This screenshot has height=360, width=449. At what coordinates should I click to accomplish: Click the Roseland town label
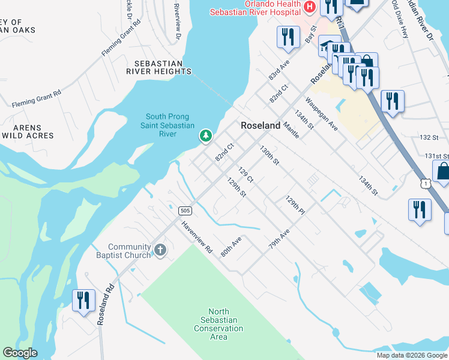[x=261, y=125]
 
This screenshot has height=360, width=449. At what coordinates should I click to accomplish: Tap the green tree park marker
[x=206, y=136]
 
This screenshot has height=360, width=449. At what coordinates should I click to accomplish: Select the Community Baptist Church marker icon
[x=160, y=250]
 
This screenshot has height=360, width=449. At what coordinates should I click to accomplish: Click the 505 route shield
[x=184, y=210]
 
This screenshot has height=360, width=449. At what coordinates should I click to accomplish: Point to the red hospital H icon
[x=310, y=7]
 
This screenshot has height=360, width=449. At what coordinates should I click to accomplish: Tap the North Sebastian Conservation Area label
[x=218, y=324]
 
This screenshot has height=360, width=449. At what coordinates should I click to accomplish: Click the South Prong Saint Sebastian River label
[x=167, y=125]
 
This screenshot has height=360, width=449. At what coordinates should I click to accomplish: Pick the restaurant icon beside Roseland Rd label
[x=83, y=299]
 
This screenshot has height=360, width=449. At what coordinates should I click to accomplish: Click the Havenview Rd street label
[x=198, y=236]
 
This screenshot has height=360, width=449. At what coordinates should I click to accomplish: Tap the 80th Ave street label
[x=231, y=246]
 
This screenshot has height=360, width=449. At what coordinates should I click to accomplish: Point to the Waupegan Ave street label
[x=321, y=114]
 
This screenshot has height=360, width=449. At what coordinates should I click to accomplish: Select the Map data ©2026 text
[x=412, y=355]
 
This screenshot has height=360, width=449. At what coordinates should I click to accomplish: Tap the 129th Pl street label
[x=295, y=205]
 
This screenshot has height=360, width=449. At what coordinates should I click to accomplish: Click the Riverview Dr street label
[x=176, y=22]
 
